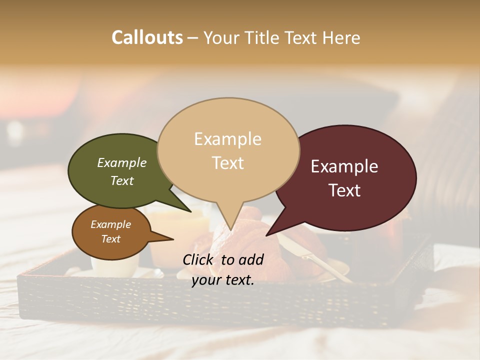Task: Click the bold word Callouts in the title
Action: tap(147, 37)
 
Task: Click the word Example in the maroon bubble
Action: tap(344, 166)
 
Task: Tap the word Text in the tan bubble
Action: tap(228, 163)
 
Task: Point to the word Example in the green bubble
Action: tap(122, 163)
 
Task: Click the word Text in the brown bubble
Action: tap(111, 239)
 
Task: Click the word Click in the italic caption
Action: tap(200, 259)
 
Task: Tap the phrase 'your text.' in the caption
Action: tap(223, 280)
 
